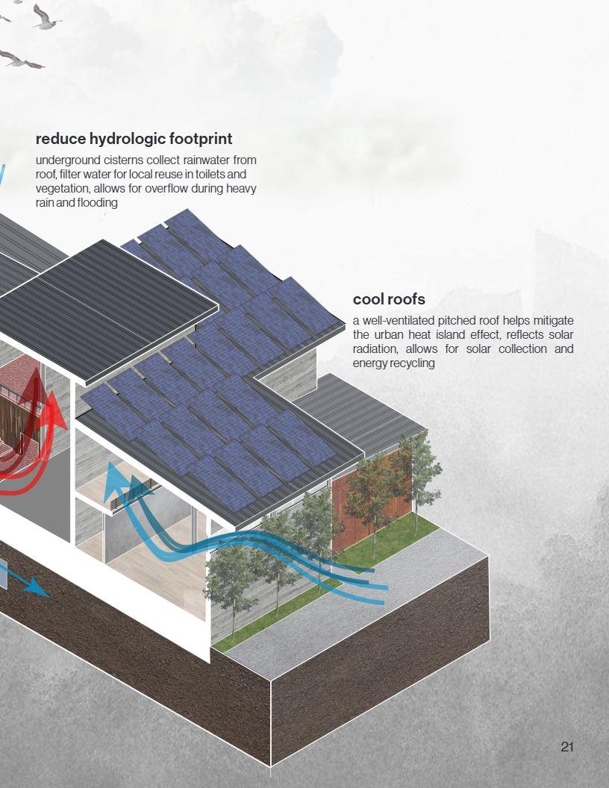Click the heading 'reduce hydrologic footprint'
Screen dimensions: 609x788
click(x=134, y=139)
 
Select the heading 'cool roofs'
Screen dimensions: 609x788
click(x=389, y=299)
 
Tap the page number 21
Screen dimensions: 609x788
click(x=566, y=747)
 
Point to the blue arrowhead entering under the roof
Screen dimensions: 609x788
click(x=114, y=471)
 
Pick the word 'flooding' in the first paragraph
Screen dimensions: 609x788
click(x=97, y=202)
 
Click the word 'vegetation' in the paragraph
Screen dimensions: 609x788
click(x=61, y=189)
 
